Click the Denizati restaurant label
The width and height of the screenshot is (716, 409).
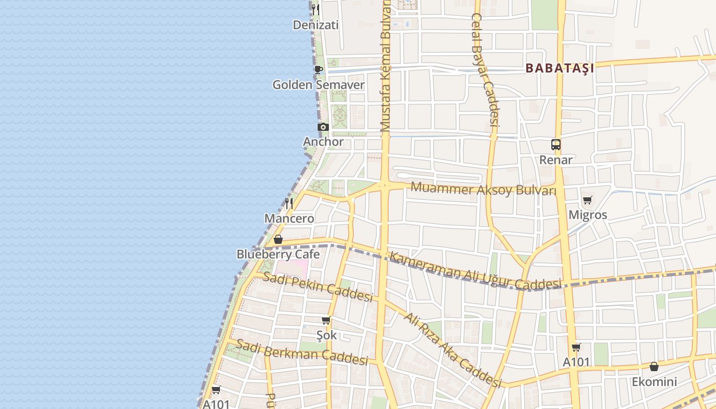pos(316,25)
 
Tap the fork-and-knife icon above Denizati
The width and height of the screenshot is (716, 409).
pos(316,9)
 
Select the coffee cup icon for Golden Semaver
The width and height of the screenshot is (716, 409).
pos(318,70)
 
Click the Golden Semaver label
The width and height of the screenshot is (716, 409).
pos(318,85)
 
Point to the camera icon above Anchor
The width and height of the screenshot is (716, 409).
pos(323,127)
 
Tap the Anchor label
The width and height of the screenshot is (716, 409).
pos(323,142)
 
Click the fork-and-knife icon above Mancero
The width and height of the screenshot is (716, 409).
pos(289,203)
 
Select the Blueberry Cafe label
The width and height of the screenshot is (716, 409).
pos(278,254)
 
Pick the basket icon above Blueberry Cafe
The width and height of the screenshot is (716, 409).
pos(278,239)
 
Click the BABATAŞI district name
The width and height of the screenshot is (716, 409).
pos(560,68)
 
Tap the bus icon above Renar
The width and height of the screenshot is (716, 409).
pos(556,145)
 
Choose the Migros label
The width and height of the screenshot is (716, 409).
pos(588,215)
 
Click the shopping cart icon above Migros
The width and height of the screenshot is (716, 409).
pos(587,200)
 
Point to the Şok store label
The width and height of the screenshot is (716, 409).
pos(326,335)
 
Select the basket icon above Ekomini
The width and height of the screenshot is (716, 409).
pos(654,367)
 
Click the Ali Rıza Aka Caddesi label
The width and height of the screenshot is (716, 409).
pos(452,350)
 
